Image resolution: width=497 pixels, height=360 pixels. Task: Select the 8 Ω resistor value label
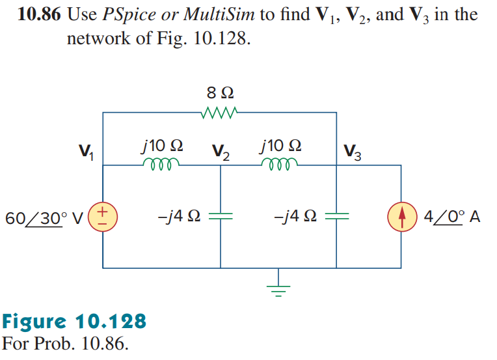pyautogui.click(x=220, y=93)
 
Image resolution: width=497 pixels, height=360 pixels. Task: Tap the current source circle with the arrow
pyautogui.click(x=400, y=216)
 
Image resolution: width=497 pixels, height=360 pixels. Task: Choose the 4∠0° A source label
pyautogui.click(x=451, y=217)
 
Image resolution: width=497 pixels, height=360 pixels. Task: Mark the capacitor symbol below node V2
pyautogui.click(x=221, y=216)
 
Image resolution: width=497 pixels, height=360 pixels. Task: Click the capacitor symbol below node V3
pyautogui.click(x=336, y=216)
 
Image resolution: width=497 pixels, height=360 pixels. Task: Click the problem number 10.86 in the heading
pyautogui.click(x=40, y=15)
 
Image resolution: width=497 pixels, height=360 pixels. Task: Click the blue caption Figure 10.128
pyautogui.click(x=75, y=322)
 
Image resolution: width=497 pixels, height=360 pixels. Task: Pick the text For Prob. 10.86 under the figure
pyautogui.click(x=65, y=342)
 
